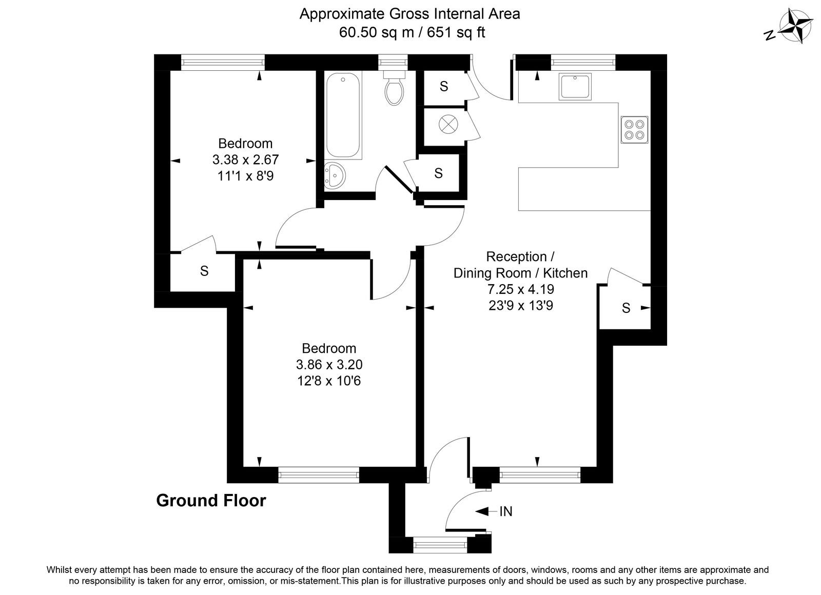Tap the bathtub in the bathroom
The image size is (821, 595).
(x=343, y=115)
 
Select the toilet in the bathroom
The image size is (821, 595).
(x=395, y=88)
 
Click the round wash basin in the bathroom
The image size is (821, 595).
(x=334, y=176)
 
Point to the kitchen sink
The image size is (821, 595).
(x=575, y=87)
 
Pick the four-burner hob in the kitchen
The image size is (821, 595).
(x=634, y=130)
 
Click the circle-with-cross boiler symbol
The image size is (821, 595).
(x=448, y=124)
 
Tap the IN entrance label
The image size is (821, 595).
(x=506, y=511)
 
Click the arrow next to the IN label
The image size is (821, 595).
(x=486, y=511)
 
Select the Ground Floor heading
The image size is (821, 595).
(x=211, y=501)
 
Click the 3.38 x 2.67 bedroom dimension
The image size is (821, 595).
(x=246, y=160)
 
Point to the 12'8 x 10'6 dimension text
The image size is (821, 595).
(x=329, y=381)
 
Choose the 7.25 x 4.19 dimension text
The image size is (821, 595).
(x=520, y=289)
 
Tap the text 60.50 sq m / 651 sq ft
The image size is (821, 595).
(x=412, y=32)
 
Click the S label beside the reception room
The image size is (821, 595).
(x=626, y=308)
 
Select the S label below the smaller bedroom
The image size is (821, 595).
(x=204, y=271)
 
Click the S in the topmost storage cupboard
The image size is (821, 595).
(x=444, y=87)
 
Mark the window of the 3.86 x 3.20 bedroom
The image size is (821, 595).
(x=319, y=475)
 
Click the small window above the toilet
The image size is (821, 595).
(x=393, y=62)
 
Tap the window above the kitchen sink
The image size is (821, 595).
(x=583, y=62)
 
